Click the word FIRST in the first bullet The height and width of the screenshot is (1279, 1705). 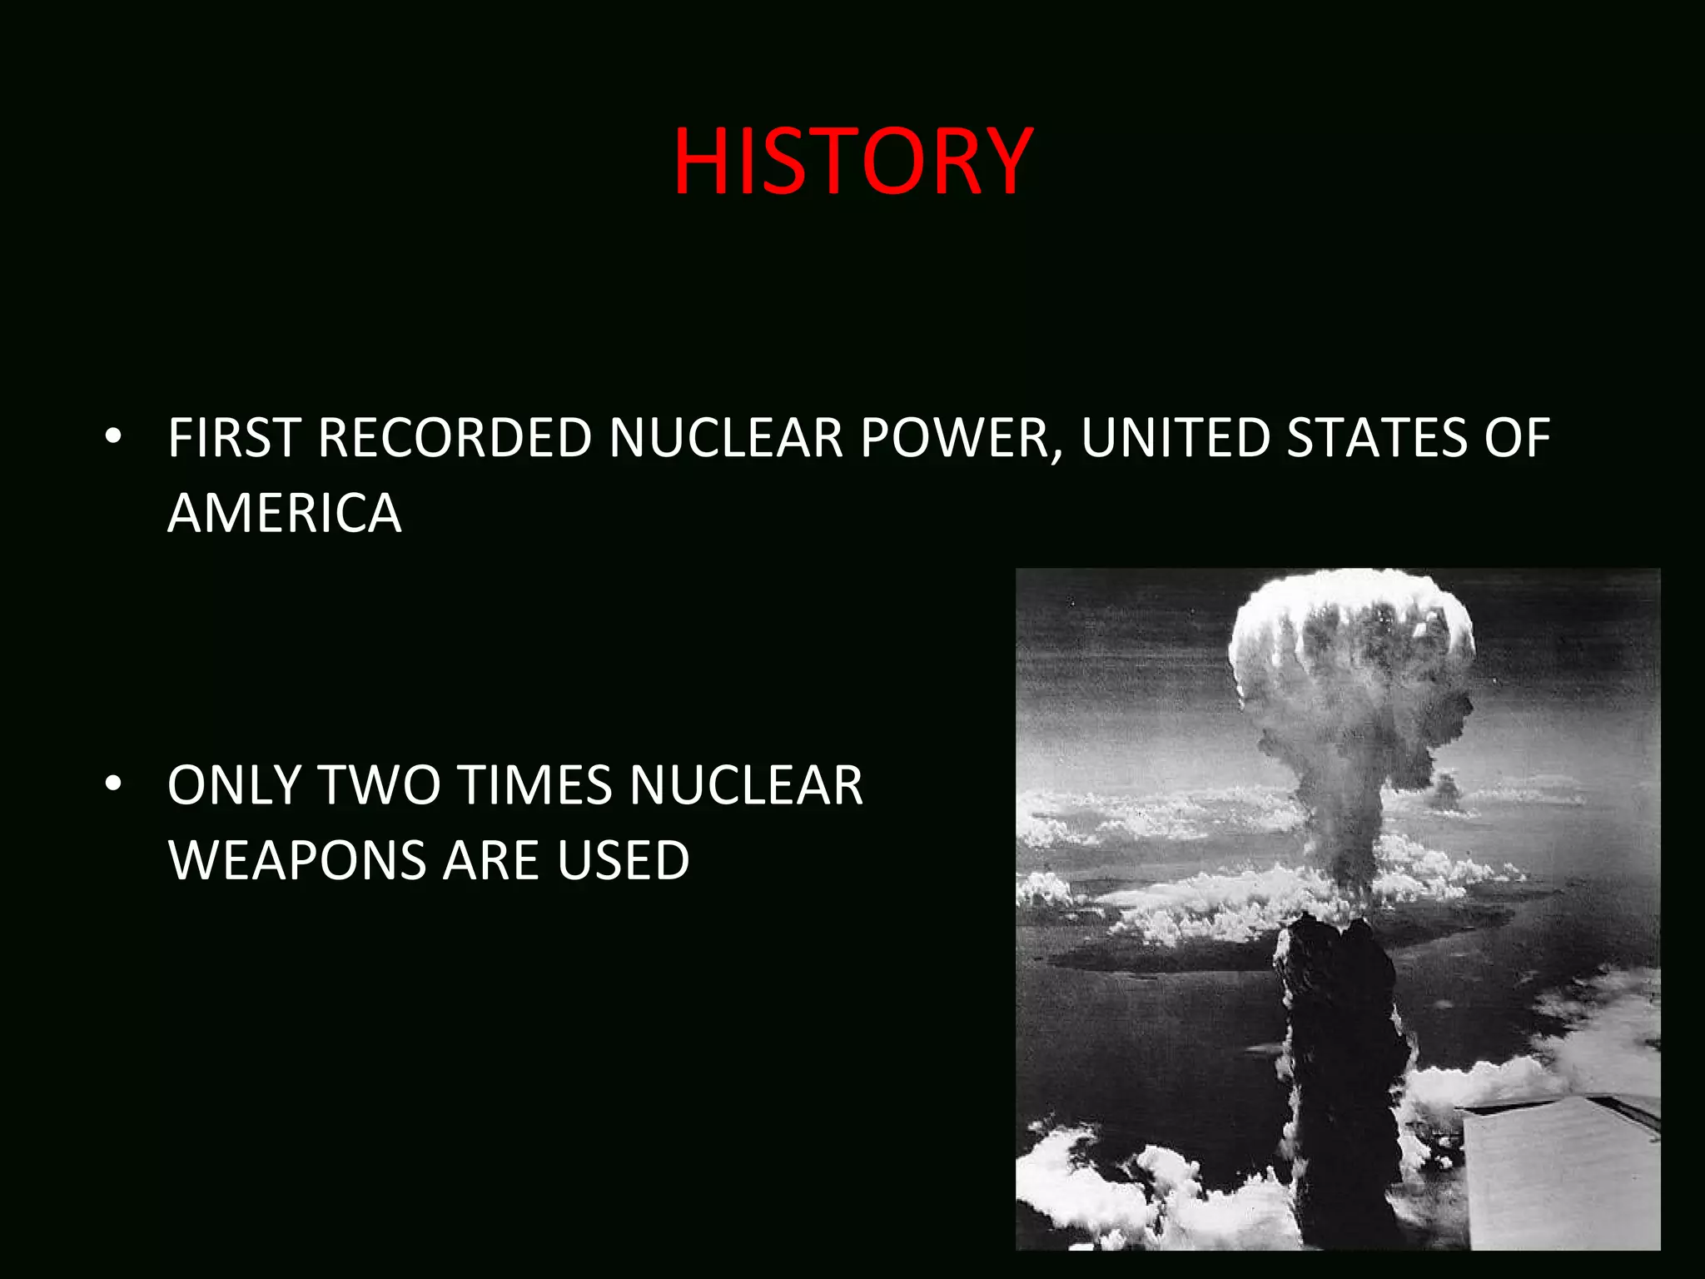(234, 438)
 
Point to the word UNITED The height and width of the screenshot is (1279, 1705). (1175, 438)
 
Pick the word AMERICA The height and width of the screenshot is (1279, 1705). (285, 513)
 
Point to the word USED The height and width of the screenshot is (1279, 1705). (624, 860)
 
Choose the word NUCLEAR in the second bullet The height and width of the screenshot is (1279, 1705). (746, 785)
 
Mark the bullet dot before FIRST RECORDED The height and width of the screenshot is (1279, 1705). (114, 436)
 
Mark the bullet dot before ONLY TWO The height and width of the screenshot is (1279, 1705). (114, 784)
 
